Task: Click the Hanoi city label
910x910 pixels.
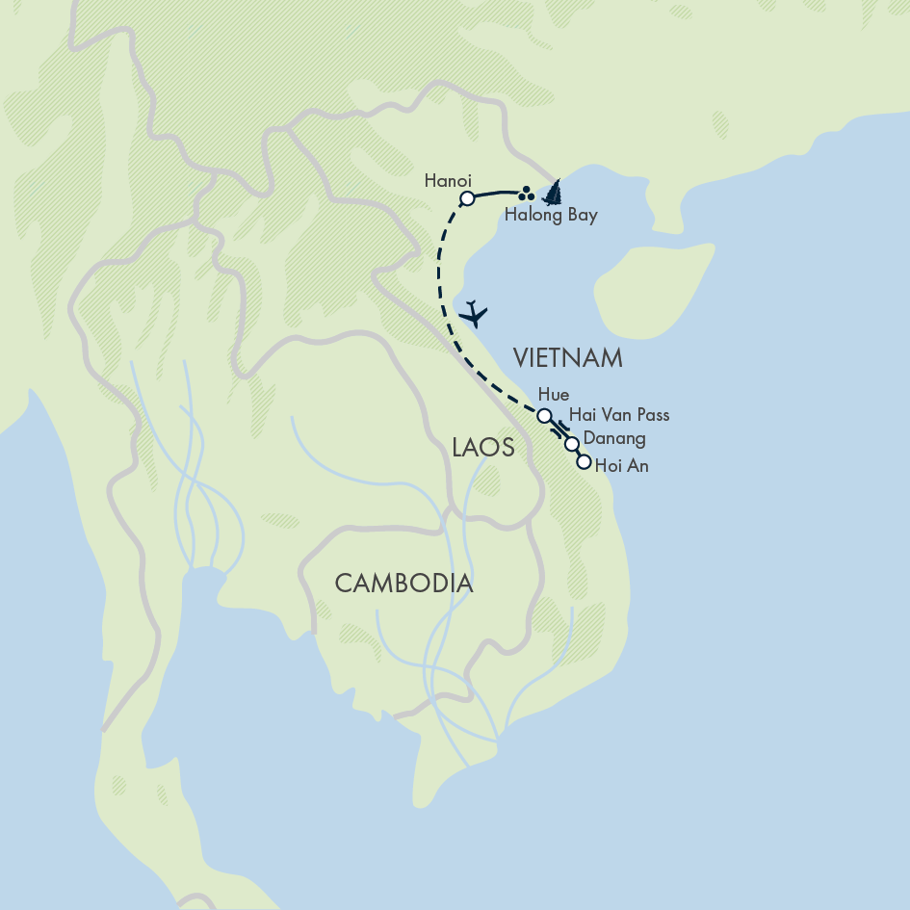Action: (447, 180)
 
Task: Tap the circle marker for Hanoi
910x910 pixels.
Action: (466, 199)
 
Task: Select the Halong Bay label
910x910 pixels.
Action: (551, 216)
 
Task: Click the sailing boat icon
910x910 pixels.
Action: (552, 194)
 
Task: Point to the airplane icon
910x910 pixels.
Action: (474, 314)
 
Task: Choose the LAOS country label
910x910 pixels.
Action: (482, 447)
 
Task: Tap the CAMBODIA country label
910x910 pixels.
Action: (403, 583)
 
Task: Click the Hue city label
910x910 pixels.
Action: (555, 395)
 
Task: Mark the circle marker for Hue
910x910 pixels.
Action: (544, 416)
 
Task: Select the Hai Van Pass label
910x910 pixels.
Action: (619, 415)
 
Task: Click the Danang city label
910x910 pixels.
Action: (614, 439)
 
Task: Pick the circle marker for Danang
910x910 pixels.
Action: (572, 444)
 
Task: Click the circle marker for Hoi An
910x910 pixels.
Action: (583, 462)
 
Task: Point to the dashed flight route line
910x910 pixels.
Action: (442, 289)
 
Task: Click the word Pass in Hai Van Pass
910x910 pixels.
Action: (650, 415)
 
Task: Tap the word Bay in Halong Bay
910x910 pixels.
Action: (581, 216)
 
